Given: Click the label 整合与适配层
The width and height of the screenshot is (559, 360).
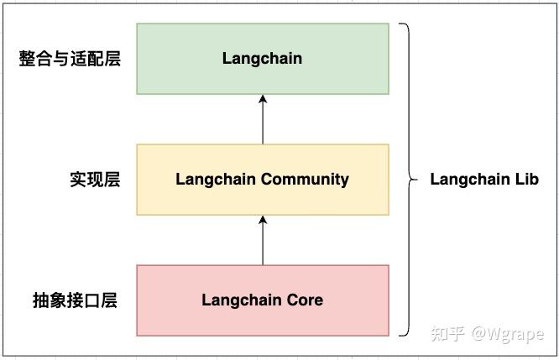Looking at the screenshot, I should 70,59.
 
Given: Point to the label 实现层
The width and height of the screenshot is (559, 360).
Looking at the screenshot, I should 94,180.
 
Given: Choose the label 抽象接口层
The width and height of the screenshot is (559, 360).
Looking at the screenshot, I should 74,300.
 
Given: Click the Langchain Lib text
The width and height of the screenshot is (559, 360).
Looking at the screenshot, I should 484,179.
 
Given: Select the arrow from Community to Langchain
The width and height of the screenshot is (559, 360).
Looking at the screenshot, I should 263,119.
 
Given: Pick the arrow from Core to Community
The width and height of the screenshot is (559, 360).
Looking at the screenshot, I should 263,240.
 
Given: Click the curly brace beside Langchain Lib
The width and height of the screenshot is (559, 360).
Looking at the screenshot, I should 409,179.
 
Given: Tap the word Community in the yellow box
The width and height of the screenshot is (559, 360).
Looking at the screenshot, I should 305,179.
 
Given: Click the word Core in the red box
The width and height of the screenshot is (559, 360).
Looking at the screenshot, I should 305,300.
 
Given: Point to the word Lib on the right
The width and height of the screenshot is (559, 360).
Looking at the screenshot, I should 525,179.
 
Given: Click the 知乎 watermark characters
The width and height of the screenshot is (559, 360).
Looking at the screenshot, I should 446,334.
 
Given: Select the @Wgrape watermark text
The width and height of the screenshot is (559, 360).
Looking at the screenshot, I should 507,334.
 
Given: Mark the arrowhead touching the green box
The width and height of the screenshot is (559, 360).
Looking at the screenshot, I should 263,100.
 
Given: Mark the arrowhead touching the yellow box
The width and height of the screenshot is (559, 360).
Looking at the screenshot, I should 263,221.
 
